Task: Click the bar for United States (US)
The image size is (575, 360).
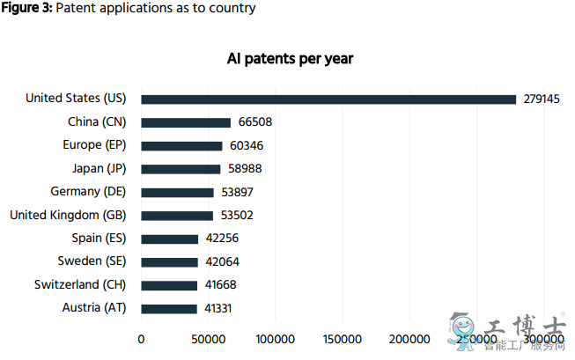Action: [x=328, y=99]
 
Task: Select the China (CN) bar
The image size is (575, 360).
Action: [x=186, y=122]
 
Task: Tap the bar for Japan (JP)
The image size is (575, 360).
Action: [x=181, y=169]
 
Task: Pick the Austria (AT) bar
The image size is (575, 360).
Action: [x=169, y=308]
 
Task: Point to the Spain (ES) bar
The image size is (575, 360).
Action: [x=170, y=239]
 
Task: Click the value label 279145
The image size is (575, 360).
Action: [x=542, y=99]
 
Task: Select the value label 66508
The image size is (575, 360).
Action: [x=255, y=122]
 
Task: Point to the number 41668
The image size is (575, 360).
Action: [x=221, y=285]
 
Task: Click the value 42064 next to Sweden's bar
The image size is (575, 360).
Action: [x=222, y=261]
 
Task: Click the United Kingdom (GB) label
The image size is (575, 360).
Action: [x=68, y=215]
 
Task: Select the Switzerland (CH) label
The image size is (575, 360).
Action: [x=80, y=284]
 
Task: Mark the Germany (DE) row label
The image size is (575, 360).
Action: [x=89, y=192]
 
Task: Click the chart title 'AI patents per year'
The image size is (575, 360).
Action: [x=290, y=59]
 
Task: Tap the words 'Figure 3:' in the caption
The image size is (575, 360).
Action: [x=26, y=9]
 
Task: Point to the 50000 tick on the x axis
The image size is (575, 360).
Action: [x=208, y=340]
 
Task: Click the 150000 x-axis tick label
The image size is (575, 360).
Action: [x=342, y=340]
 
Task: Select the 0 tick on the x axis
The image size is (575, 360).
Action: [x=141, y=340]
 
